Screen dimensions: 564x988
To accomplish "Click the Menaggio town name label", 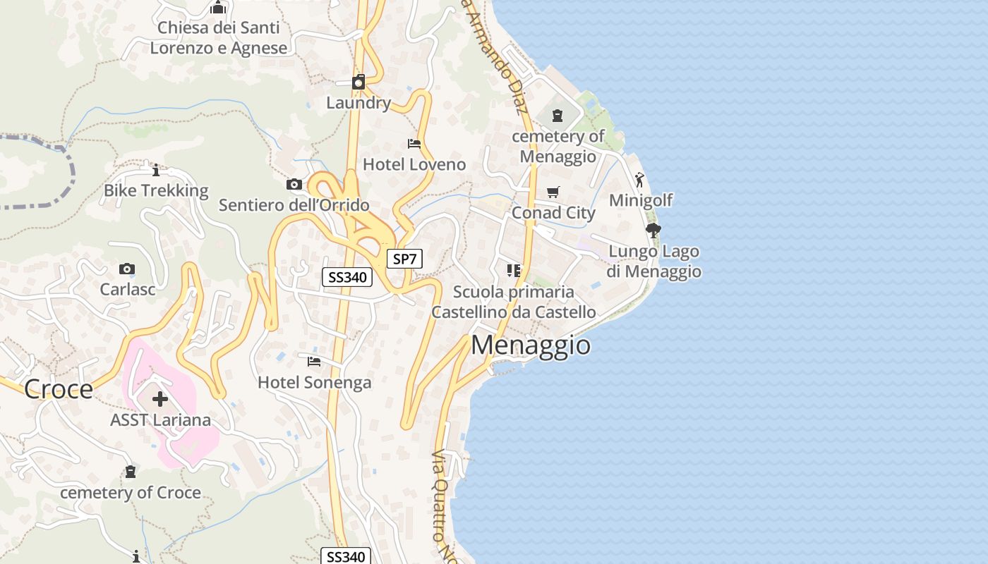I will pos(531,345).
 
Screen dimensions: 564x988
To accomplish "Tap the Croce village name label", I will pos(59,389).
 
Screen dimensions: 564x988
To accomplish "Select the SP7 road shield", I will pos(404,259).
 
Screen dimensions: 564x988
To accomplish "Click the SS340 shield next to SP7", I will pos(347,277).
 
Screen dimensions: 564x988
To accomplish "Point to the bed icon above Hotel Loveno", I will pos(414,144).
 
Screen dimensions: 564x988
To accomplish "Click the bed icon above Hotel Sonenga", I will pos(314,362).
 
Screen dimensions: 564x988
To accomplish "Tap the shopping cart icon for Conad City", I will pos(553,192).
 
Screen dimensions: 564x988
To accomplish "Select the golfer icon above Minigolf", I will pos(639,180).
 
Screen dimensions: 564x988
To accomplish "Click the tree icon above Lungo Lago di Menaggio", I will pos(653,230).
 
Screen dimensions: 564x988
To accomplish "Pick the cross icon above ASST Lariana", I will pos(160,399).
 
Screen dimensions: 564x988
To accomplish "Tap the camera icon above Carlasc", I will pos(127,269).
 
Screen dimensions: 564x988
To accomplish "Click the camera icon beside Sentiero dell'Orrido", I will pos(294,185).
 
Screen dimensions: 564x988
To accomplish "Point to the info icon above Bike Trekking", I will pos(156,170).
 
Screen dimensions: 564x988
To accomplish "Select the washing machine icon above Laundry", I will pos(359,82).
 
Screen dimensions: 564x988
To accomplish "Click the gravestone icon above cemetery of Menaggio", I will pos(558,116).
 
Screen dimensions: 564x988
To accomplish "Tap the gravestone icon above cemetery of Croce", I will pos(130,472).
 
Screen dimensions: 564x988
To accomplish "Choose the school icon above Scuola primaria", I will pos(514,270).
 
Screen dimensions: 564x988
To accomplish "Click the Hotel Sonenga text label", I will pos(315,383).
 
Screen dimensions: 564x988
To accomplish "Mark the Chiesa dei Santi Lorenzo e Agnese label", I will pos(219,38).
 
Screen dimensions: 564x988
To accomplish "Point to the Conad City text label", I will pos(553,213).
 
